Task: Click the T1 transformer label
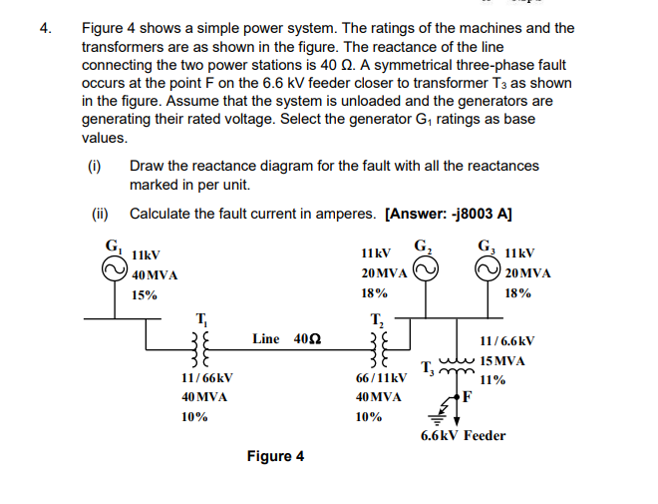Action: coord(201,319)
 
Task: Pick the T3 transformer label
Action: coord(426,366)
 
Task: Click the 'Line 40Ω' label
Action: coord(284,339)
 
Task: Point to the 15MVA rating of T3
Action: coord(503,360)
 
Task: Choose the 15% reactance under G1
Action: coord(146,295)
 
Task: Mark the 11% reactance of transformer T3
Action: coord(492,380)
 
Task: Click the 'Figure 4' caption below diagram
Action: coord(276,457)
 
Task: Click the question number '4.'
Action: coord(46,29)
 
